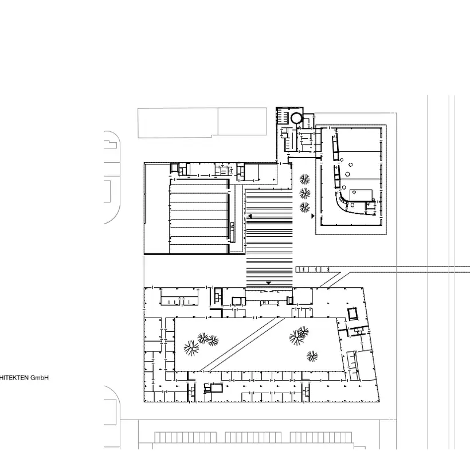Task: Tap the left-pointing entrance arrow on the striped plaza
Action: [x=250, y=216]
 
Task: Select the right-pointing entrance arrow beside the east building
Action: [x=313, y=216]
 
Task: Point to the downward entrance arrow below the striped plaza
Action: [x=269, y=283]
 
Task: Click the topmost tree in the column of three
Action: [x=305, y=179]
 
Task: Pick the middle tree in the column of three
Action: [x=305, y=194]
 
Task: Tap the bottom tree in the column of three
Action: [x=305, y=207]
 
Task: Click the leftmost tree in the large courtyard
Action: [x=191, y=348]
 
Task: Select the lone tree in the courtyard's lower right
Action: [x=312, y=357]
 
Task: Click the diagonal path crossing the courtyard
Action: [x=242, y=344]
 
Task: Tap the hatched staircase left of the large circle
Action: [x=282, y=115]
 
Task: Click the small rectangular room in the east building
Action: [x=361, y=195]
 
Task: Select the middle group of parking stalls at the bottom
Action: [x=253, y=437]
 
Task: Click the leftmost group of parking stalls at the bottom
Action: [x=186, y=437]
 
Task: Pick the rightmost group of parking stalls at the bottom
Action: [x=321, y=437]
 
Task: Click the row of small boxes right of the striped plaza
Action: [x=312, y=269]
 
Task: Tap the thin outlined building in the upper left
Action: [x=202, y=123]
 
